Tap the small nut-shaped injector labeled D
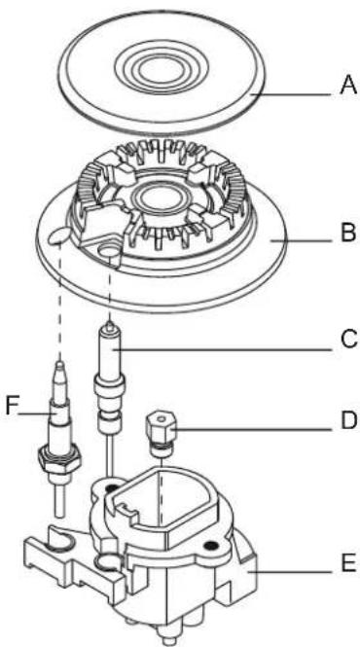point(158,429)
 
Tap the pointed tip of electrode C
point(114,327)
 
